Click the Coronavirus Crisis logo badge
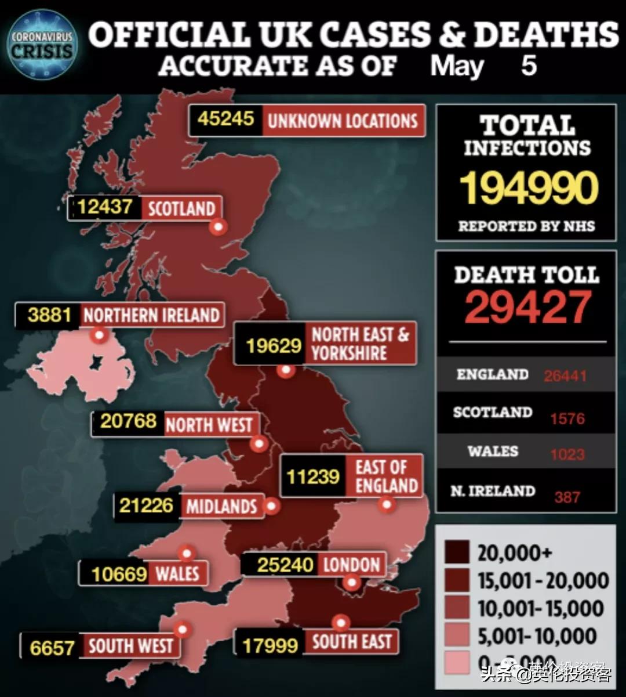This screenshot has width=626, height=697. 42,44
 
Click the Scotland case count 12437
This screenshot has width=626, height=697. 105,207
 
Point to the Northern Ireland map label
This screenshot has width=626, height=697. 151,315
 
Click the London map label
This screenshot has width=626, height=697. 351,564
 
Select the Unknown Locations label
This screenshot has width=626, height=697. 342,121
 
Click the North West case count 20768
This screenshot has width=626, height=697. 128,421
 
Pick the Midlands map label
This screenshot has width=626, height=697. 221,507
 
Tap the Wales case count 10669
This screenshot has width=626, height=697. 119,573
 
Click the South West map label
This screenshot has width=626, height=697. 130,645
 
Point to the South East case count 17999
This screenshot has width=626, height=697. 270,645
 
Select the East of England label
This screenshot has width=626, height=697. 386,476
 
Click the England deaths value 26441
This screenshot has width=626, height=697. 565,376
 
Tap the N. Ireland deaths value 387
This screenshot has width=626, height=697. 566,497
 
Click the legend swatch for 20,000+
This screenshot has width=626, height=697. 457,553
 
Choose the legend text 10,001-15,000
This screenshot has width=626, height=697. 541,608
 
